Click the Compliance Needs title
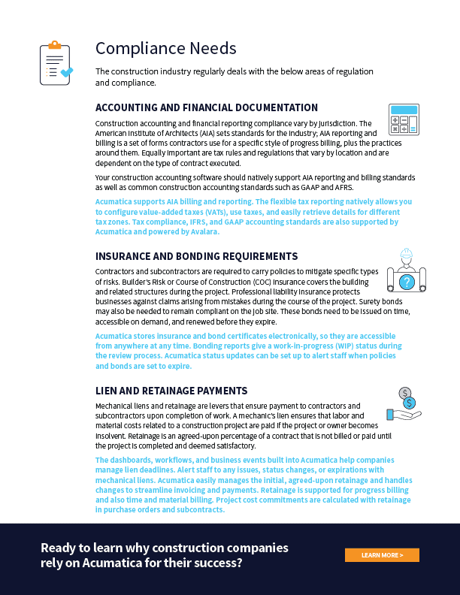(165, 49)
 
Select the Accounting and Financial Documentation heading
(207, 107)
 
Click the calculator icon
(404, 119)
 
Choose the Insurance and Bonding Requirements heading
(196, 256)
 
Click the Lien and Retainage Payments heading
(171, 391)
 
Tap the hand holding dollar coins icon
(404, 404)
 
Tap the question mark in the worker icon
(407, 282)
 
